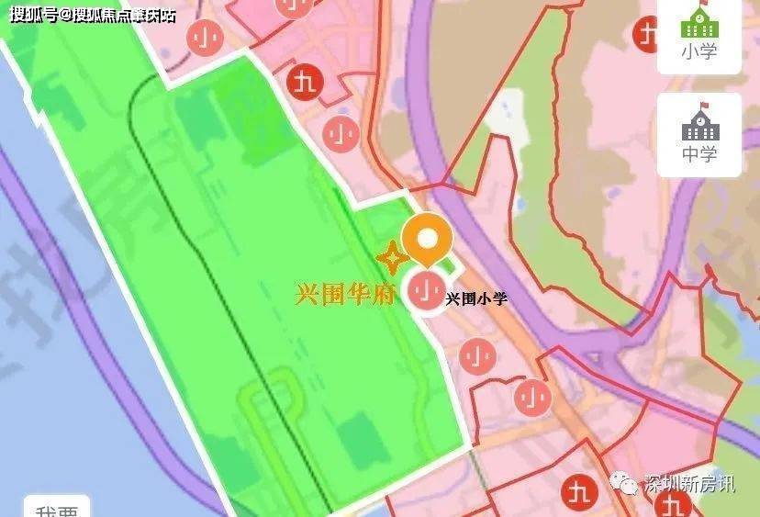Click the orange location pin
[x=427, y=240]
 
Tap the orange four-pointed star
[x=391, y=258]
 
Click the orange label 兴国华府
[x=344, y=296]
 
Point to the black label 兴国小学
[x=475, y=298]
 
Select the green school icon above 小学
[x=699, y=23]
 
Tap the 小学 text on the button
[x=699, y=52]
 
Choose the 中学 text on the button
[x=699, y=153]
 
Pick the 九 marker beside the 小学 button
[x=648, y=34]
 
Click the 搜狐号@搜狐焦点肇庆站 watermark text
[x=92, y=15]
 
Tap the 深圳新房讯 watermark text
[x=689, y=484]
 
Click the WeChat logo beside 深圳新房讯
[x=628, y=483]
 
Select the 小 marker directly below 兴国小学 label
[x=475, y=354]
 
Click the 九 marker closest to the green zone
[x=303, y=83]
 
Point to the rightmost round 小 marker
[x=531, y=397]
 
